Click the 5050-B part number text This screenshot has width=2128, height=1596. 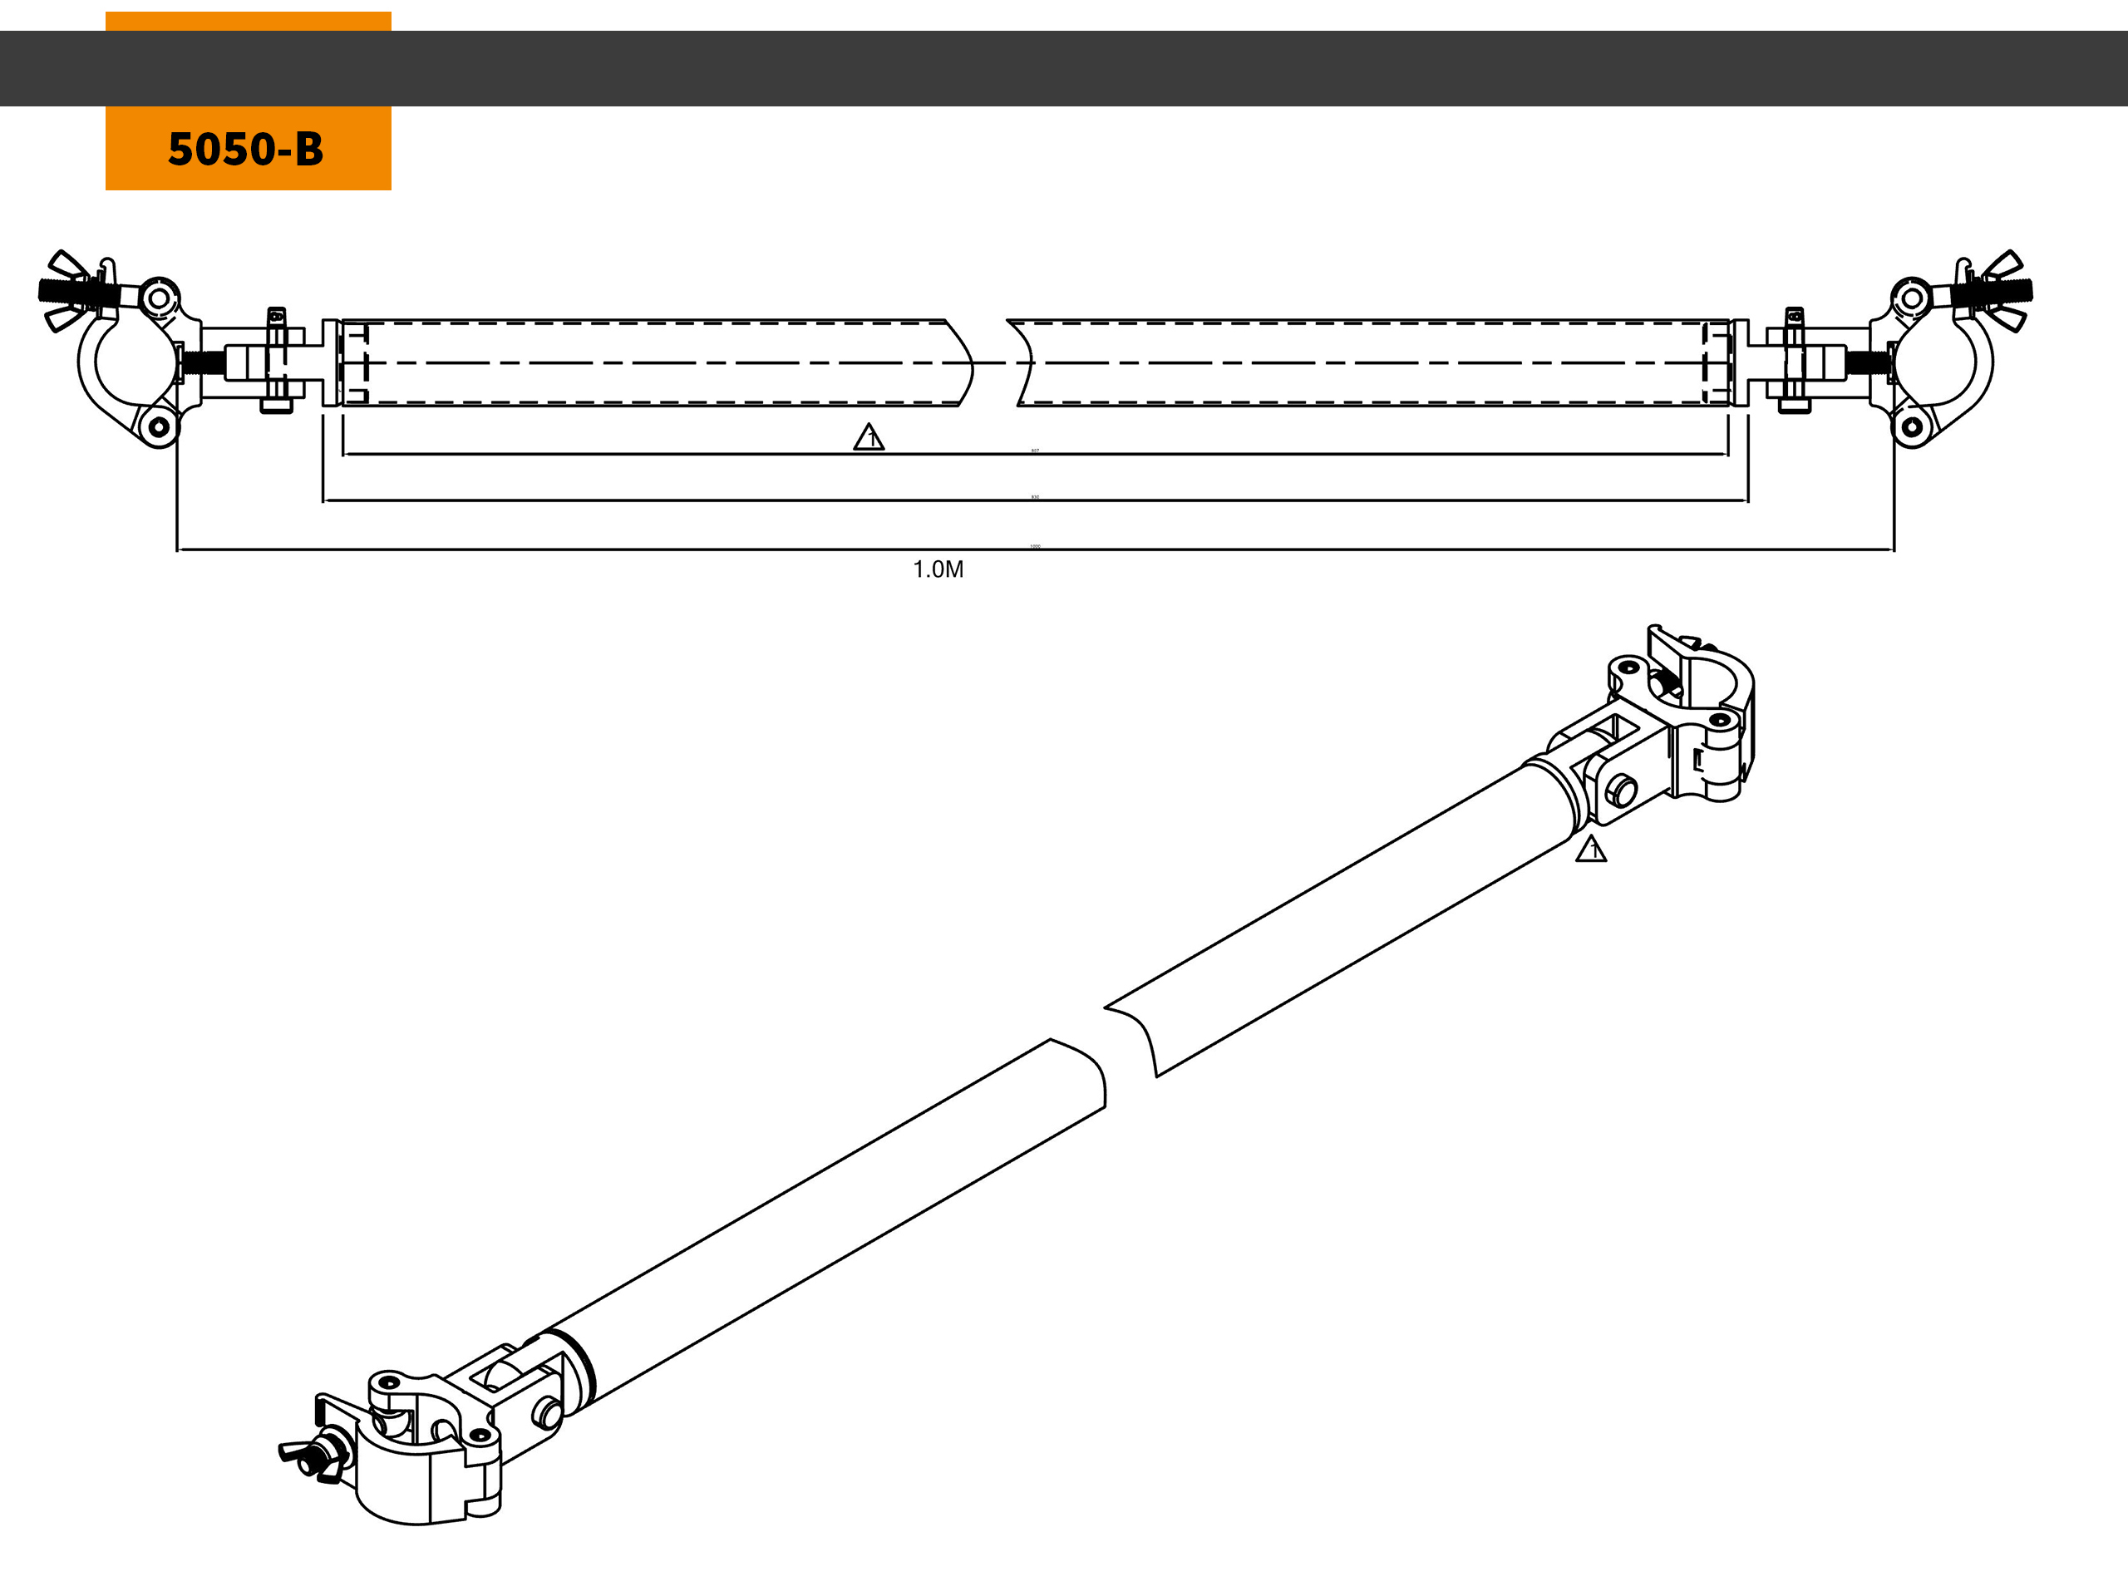pos(245,149)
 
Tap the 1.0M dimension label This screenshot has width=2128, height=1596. pos(938,569)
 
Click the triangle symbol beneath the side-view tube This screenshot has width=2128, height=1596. pos(869,438)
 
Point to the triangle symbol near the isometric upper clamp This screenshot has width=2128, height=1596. pos(1590,849)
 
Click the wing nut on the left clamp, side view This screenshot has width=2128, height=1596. pos(71,289)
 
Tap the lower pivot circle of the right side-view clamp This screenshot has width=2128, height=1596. pos(1913,426)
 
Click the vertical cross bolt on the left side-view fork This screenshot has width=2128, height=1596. pos(276,361)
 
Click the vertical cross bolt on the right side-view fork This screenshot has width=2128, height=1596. pos(1794,361)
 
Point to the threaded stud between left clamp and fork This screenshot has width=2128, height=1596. pos(204,363)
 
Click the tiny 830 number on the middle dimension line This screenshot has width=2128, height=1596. pos(1035,496)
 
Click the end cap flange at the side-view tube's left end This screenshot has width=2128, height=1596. pos(331,362)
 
